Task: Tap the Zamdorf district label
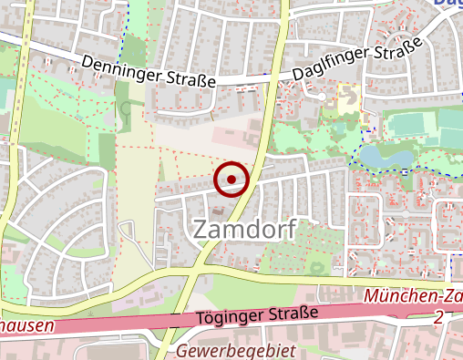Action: [244, 230]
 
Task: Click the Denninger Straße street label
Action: [148, 71]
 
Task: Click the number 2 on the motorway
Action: [440, 316]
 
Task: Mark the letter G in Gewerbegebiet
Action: [183, 351]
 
